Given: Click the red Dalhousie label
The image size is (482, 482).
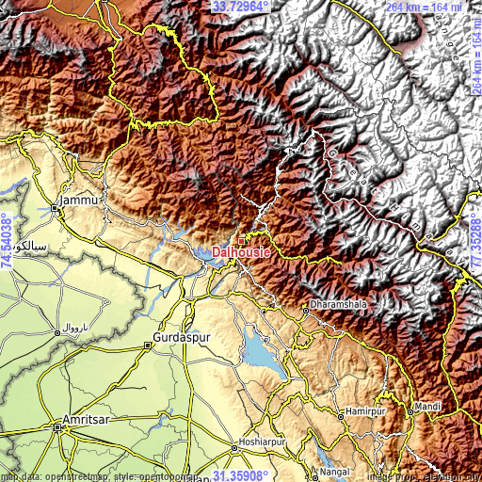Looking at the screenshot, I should (242, 252).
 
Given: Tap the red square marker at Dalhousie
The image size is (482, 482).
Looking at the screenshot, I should (241, 241).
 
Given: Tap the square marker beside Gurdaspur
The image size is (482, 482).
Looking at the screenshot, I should (150, 345).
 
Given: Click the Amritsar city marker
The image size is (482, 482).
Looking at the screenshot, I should (58, 426).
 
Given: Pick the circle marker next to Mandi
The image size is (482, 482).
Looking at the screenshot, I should (411, 410).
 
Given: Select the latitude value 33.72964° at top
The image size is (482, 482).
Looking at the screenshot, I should (241, 7).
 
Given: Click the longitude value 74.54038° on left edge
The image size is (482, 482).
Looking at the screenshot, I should (8, 241).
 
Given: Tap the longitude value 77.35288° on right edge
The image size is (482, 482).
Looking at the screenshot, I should (474, 241).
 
